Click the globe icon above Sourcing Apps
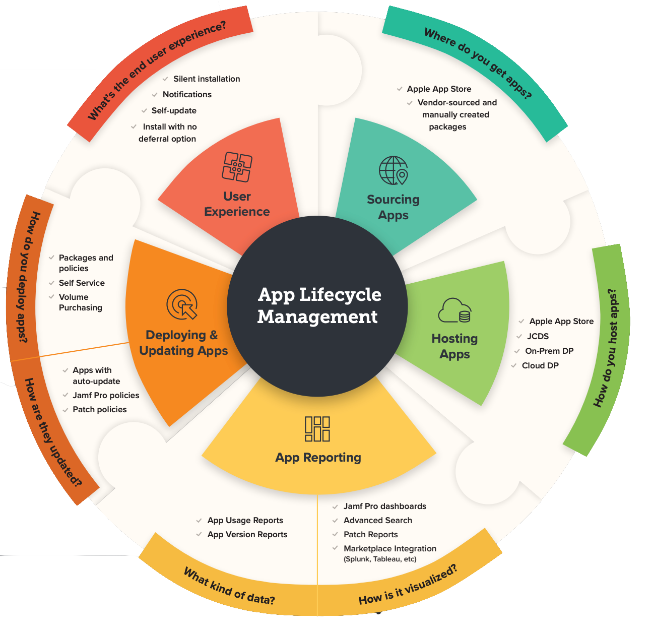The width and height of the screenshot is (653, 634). coord(394,170)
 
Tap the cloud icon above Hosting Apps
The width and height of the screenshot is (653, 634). coord(454,310)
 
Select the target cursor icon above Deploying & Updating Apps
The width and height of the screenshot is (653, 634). coord(182,304)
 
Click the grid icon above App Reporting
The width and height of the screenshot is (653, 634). coord(317,429)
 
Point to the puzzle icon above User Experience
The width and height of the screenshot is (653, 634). coord(237,167)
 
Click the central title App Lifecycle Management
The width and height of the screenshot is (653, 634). coord(319,305)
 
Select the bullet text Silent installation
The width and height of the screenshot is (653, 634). coord(207,79)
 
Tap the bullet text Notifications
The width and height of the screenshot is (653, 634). coord(187,95)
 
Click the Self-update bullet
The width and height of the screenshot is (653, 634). coord(174,111)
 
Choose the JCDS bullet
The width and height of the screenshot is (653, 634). coord(538,336)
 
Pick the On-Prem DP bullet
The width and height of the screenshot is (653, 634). coord(549,351)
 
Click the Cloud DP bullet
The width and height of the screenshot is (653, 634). coord(540,365)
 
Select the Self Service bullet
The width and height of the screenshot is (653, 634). coord(82,283)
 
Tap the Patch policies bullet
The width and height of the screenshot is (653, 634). coord(100,409)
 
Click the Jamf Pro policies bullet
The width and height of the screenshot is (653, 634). coord(106,396)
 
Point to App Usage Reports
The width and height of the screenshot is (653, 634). coord(245,520)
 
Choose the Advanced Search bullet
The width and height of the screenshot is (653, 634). coord(378,520)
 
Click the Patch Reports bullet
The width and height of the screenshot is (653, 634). coord(371,534)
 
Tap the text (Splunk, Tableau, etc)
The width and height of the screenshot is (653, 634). coord(380,559)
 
